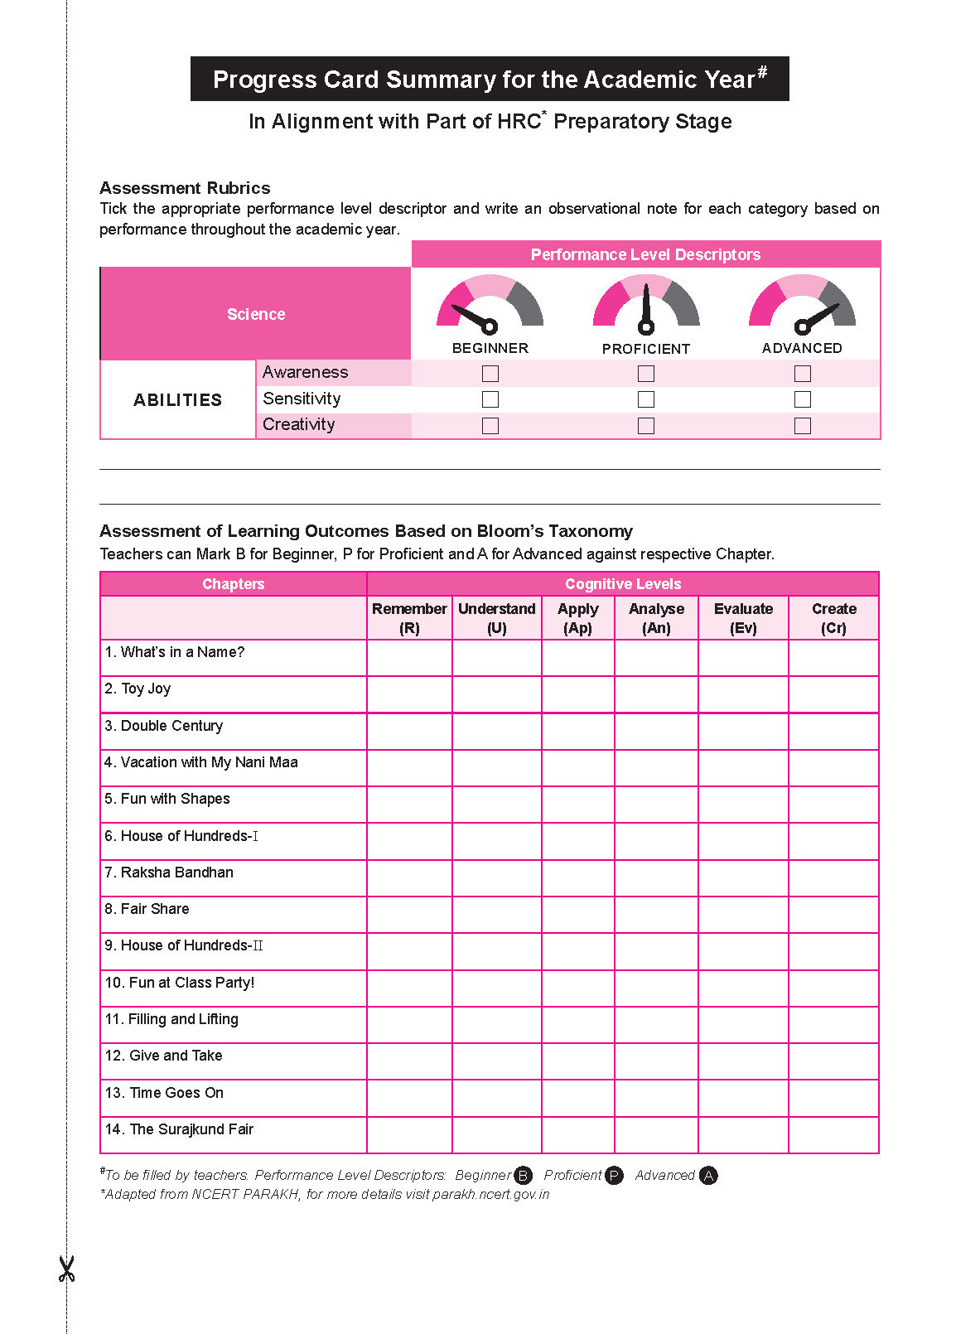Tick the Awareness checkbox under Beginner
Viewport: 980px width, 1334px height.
490,374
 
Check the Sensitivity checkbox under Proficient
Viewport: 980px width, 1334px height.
646,399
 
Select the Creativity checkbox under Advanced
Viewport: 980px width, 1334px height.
802,426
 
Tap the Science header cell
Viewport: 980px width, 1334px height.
256,314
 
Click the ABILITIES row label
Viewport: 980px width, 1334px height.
177,400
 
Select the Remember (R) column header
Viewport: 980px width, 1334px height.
409,618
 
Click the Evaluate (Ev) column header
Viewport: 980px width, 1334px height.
743,618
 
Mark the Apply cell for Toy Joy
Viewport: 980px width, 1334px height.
577,694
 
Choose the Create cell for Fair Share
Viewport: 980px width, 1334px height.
833,915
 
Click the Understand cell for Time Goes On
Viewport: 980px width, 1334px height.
496,1098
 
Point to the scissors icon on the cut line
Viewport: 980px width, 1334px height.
66,1269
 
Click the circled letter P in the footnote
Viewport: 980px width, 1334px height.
614,1176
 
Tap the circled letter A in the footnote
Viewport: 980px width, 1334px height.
708,1176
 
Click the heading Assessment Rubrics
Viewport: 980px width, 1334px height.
185,188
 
